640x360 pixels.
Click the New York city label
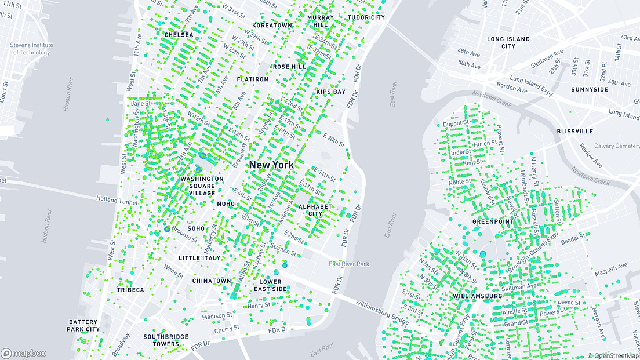click(x=271, y=165)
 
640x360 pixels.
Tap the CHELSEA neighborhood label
click(x=179, y=35)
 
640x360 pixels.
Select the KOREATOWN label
click(x=272, y=26)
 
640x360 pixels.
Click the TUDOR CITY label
click(x=366, y=17)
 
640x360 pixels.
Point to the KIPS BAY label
click(x=330, y=92)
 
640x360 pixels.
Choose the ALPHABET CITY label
click(x=315, y=210)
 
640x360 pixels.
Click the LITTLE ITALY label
click(x=199, y=258)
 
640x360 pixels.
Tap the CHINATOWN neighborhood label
click(x=212, y=281)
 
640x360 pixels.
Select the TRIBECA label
click(x=130, y=290)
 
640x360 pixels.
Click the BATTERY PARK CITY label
click(x=84, y=325)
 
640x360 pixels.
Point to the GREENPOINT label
click(x=493, y=221)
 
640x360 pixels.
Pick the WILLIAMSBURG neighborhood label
click(x=478, y=296)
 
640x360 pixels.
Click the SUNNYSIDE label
click(x=590, y=90)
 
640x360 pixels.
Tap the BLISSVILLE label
click(x=574, y=132)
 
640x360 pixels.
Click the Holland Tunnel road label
click(x=118, y=199)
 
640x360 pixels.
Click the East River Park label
click(x=349, y=264)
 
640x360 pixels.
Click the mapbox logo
click(x=24, y=353)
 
